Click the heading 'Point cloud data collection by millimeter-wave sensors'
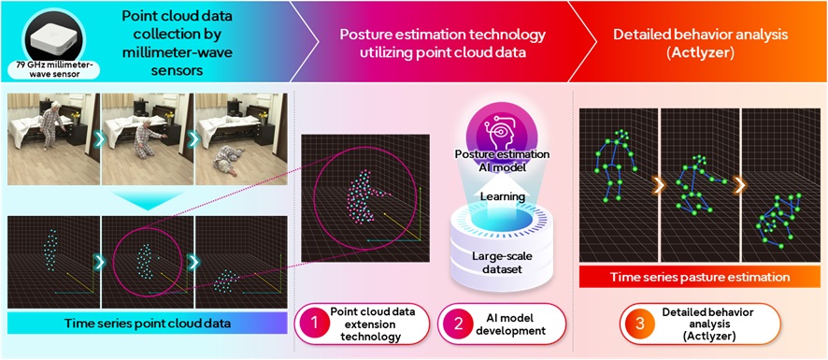tap(180, 41)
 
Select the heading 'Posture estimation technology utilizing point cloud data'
tap(442, 41)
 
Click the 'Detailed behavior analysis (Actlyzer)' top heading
tap(702, 41)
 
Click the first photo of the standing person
tap(51, 131)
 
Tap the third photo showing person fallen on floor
tap(239, 131)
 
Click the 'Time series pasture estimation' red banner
tap(697, 277)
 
